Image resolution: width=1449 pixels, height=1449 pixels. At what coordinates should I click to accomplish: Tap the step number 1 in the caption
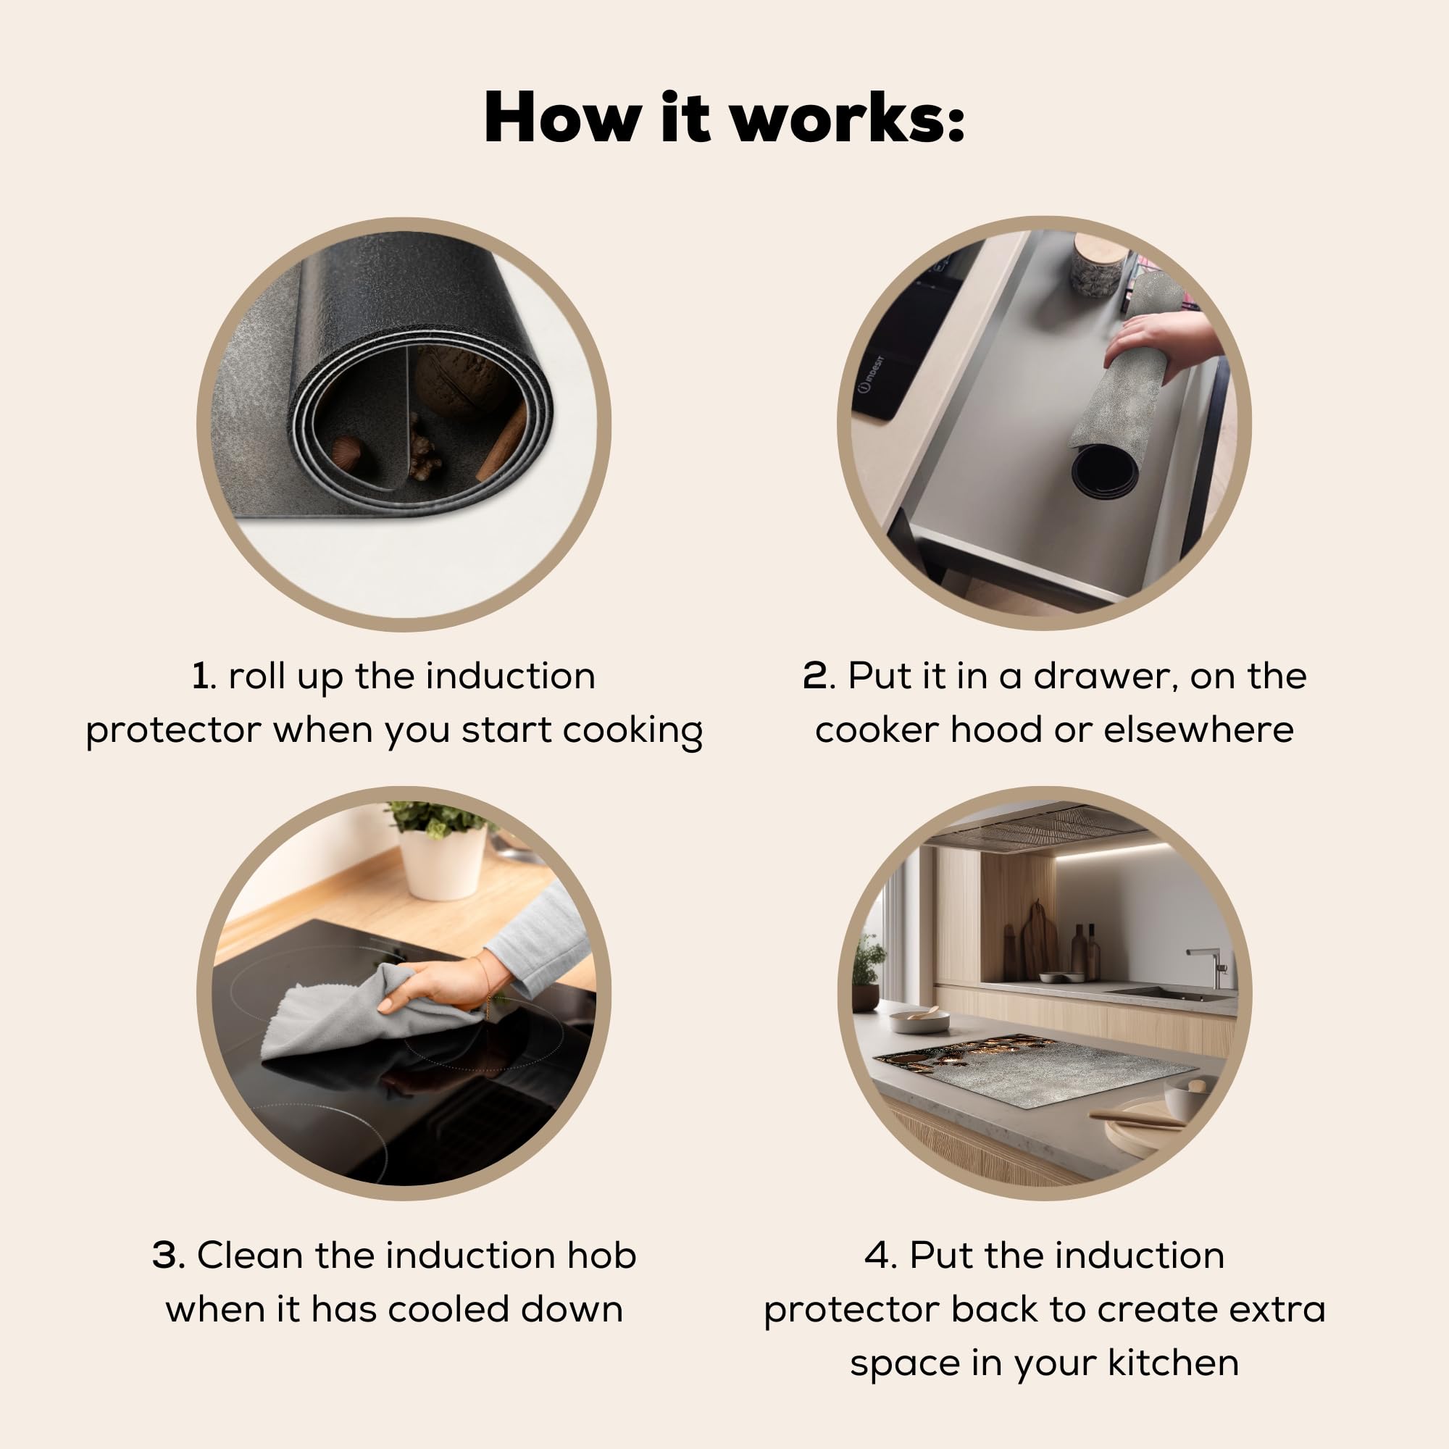(x=200, y=676)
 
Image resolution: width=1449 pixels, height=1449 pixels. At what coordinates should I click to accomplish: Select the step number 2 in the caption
(x=815, y=676)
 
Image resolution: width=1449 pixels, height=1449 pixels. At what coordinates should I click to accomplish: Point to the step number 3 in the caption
(x=166, y=1255)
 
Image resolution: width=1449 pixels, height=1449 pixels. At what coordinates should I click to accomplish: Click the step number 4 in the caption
(x=877, y=1255)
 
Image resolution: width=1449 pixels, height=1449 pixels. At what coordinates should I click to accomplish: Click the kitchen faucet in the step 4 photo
(x=1210, y=967)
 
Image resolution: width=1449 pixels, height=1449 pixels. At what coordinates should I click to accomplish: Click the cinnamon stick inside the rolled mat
(x=501, y=442)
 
